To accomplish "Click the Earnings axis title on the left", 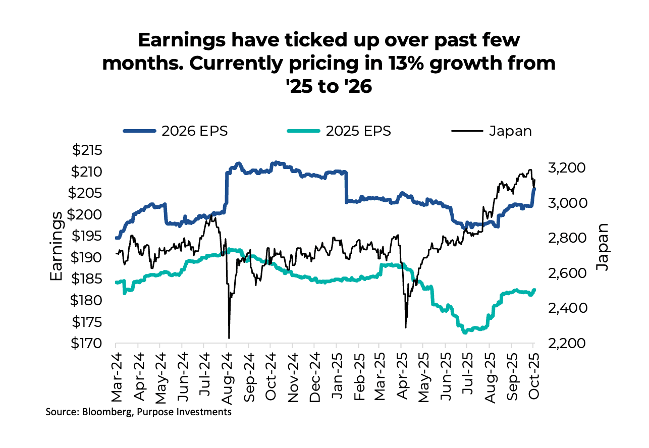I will tap(57, 246).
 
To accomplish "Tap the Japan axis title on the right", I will tap(601, 246).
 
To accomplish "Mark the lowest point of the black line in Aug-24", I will tap(229, 338).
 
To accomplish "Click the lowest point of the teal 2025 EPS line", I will tap(464, 332).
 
